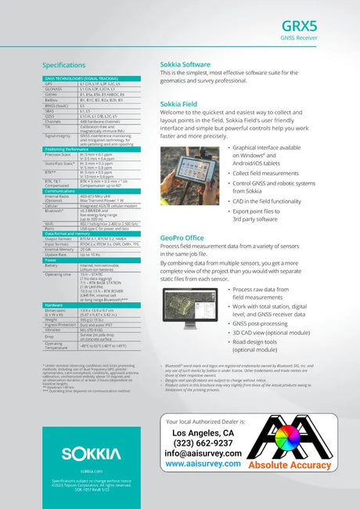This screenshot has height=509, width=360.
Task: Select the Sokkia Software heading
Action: (185, 64)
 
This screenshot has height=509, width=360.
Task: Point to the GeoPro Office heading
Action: (182, 237)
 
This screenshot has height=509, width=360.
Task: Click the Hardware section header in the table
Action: (55, 304)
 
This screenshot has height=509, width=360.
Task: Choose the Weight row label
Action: (51, 319)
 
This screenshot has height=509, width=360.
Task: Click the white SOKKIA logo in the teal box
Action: (86, 453)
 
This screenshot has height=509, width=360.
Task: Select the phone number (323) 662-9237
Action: (202, 442)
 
